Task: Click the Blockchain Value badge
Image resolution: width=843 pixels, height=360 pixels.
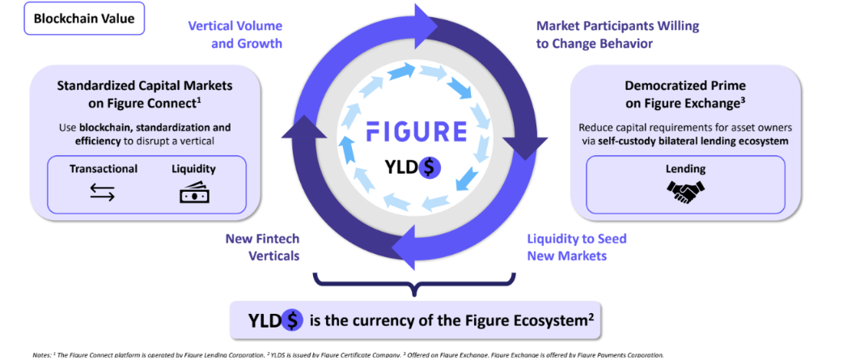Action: pos(84,18)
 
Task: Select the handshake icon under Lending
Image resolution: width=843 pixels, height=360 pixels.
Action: pos(685,191)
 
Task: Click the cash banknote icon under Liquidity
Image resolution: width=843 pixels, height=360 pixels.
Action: pos(194,193)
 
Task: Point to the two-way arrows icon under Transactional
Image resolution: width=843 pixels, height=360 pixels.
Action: pos(103,193)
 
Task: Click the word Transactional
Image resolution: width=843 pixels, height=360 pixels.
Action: pos(104,169)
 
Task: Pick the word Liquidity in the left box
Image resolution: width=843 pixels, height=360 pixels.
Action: pos(194,169)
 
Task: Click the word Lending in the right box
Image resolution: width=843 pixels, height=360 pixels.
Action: pos(685,169)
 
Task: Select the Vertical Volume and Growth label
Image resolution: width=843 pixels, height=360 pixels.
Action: pos(235,34)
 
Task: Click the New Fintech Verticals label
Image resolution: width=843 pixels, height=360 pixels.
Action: pos(262,247)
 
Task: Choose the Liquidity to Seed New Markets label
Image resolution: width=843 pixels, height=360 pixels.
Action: pos(577,247)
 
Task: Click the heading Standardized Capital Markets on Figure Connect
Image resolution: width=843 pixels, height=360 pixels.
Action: pos(145,94)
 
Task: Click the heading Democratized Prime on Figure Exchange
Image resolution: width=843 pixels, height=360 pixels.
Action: pos(685,94)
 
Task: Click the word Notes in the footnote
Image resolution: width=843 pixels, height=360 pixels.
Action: pos(41,355)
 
